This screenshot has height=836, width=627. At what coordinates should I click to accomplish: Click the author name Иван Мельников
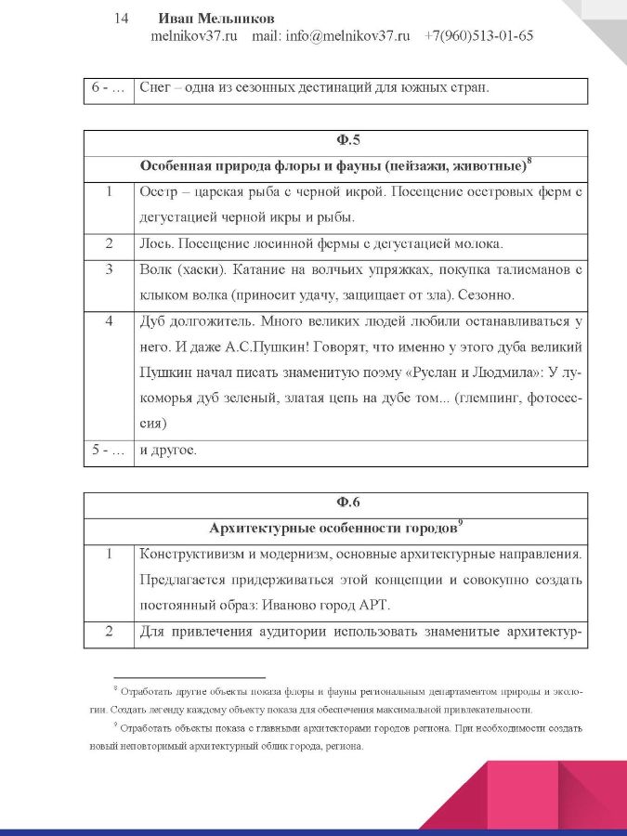click(216, 19)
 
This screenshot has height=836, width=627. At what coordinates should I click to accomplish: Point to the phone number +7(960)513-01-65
click(478, 36)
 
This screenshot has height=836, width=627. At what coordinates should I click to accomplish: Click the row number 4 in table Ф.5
click(109, 322)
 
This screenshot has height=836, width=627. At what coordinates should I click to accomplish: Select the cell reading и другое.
click(167, 451)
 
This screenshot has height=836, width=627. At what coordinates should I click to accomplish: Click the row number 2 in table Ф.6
click(109, 633)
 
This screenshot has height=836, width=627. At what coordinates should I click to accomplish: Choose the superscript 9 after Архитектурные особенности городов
click(461, 524)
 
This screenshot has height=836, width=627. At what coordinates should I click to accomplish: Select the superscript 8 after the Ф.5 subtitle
click(529, 163)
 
